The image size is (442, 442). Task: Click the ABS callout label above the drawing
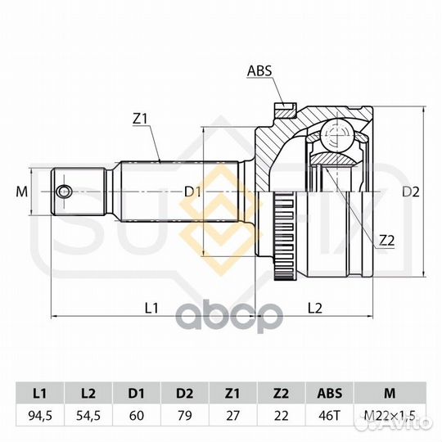tap(259, 70)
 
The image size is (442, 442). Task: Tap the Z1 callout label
tap(140, 120)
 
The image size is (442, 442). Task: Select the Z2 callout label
tap(386, 241)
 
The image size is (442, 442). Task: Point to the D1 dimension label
tap(192, 192)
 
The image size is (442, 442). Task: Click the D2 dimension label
tap(411, 192)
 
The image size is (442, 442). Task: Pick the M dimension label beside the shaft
tap(22, 192)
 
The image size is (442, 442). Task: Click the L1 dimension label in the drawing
tap(151, 308)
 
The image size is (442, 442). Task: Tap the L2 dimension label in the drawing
tap(314, 308)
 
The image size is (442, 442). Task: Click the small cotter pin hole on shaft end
tap(64, 192)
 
